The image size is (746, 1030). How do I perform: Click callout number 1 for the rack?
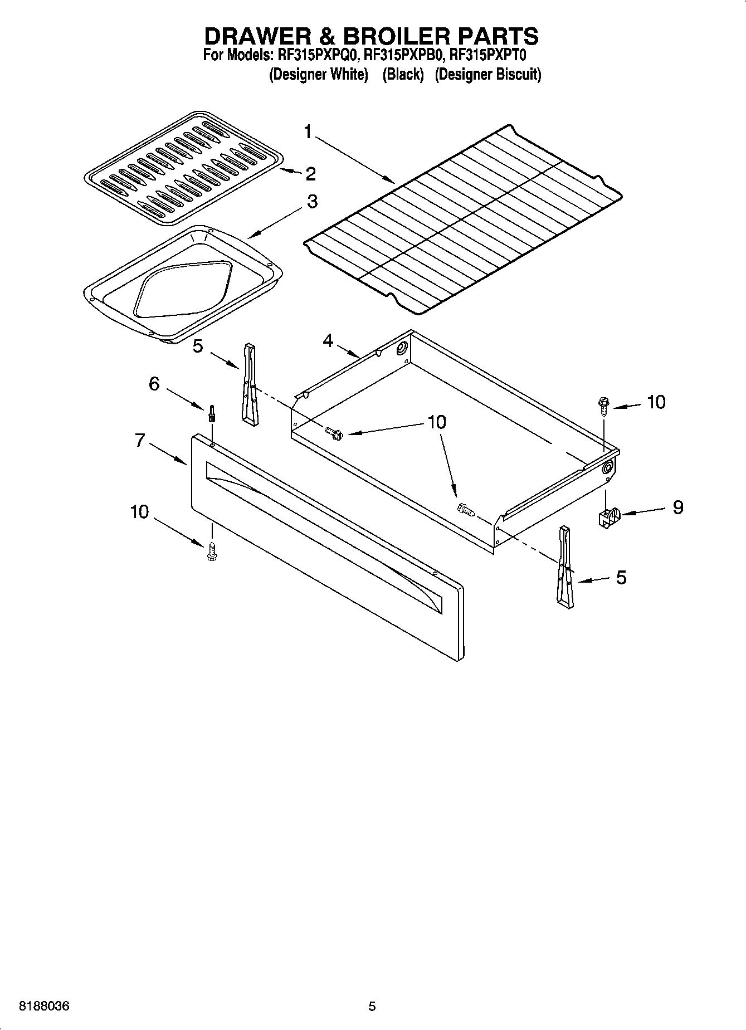pos(308,133)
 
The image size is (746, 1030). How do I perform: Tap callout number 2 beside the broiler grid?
pos(310,174)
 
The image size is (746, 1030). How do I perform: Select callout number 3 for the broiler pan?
pos(312,202)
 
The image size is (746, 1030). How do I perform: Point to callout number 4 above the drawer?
pos(328,340)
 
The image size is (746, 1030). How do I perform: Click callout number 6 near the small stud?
pos(154,384)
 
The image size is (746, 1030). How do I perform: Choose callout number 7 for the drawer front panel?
pos(140,441)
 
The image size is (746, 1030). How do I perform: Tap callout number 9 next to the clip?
pos(677,507)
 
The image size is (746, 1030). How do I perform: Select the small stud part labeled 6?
pos(212,414)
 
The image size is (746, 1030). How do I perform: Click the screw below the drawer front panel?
pos(211,552)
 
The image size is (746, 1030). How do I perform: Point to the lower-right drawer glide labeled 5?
pos(564,566)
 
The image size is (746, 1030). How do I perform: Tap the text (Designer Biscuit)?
pos(487,74)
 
